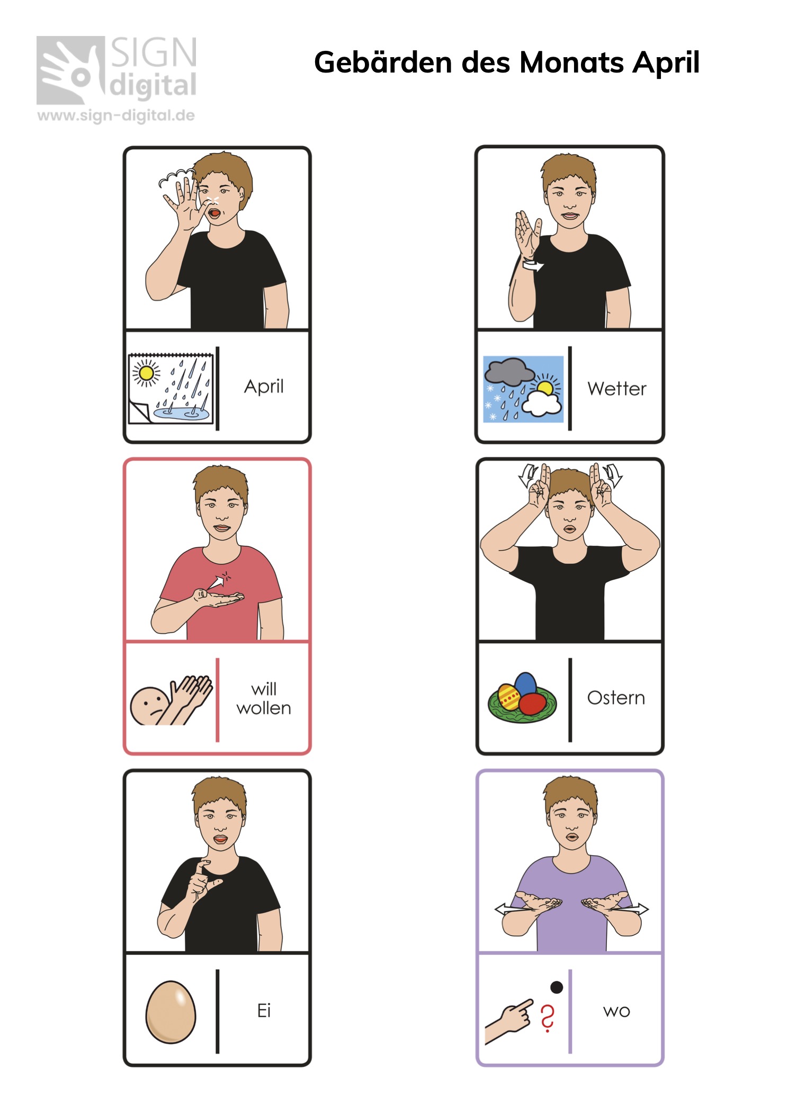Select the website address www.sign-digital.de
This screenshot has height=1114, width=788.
point(116,115)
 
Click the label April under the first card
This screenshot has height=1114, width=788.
point(264,387)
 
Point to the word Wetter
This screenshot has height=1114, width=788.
point(617,389)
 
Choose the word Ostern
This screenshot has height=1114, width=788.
point(616,697)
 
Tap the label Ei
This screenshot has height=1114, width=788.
point(264,1010)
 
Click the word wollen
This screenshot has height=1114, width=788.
point(264,708)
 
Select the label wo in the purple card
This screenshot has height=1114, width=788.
point(616,1011)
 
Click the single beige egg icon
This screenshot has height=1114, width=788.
point(171,1012)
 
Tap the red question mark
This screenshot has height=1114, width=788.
point(548,1018)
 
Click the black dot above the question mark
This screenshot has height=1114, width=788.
point(557,987)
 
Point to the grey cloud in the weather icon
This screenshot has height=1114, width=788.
point(509,371)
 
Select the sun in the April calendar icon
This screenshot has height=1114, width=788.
point(146,373)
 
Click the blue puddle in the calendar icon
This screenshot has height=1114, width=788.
point(182,412)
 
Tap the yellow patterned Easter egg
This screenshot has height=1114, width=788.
point(509,697)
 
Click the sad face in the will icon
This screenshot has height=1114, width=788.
point(150,706)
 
